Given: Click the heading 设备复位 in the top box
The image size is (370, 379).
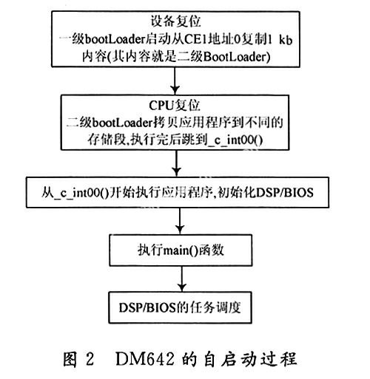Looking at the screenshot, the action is pyautogui.click(x=175, y=21).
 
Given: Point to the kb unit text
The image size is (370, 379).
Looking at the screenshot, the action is pyautogui.click(x=286, y=40).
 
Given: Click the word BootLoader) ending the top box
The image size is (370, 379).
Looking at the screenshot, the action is pyautogui.click(x=237, y=57).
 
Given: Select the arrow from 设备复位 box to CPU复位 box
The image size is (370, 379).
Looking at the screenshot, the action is pyautogui.click(x=175, y=81).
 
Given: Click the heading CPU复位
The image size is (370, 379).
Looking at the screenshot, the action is pyautogui.click(x=175, y=106).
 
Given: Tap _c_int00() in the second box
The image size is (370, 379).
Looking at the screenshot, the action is pyautogui.click(x=235, y=140).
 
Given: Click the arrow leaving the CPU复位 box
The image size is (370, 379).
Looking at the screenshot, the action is pyautogui.click(x=176, y=163).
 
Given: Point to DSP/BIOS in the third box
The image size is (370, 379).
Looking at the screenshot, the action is pyautogui.click(x=285, y=192).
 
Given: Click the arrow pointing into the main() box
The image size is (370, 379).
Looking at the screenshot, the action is pyautogui.click(x=180, y=221).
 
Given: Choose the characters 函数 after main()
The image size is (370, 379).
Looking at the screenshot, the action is pyautogui.click(x=211, y=250).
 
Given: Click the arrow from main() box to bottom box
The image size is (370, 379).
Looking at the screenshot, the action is pyautogui.click(x=182, y=279).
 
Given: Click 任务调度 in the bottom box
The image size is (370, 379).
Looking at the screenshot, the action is pyautogui.click(x=215, y=307).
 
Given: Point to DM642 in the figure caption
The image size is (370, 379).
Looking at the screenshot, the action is pyautogui.click(x=145, y=359).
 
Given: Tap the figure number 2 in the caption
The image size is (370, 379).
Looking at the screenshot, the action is pyautogui.click(x=90, y=359).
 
